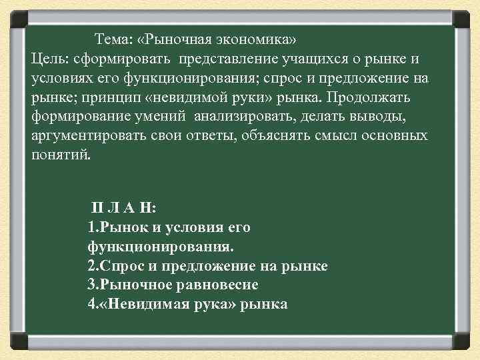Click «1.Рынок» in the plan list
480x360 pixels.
113,227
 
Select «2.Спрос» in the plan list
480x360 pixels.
112,266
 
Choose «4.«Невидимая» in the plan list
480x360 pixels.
137,305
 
